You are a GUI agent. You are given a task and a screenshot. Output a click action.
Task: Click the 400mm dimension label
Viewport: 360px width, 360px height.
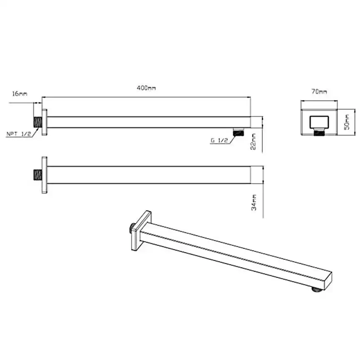tap(146, 88)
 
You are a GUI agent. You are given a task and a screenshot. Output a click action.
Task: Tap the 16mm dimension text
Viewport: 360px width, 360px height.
tap(20, 94)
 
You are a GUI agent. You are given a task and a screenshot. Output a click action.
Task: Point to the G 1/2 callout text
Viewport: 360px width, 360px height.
tap(219, 141)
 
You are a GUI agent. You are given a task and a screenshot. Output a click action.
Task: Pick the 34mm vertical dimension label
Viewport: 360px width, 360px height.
tap(254, 202)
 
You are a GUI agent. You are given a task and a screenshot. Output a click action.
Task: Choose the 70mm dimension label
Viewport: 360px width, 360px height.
tap(321, 91)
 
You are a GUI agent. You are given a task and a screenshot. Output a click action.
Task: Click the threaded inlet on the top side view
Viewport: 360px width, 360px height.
tap(37, 122)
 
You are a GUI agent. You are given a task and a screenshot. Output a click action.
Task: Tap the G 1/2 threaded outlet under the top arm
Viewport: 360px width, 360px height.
tap(238, 132)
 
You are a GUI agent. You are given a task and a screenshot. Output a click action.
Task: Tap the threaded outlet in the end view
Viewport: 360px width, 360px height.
tap(319, 133)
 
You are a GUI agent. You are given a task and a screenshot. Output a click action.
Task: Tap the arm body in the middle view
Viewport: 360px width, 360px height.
tap(150, 175)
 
